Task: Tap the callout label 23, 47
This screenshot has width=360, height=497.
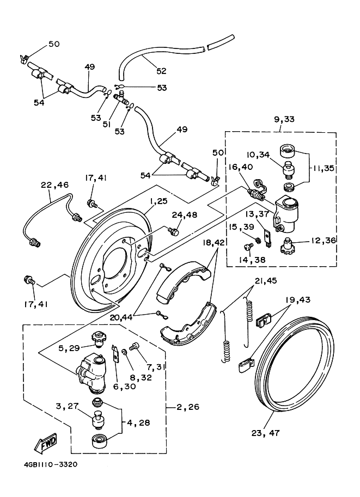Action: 266,433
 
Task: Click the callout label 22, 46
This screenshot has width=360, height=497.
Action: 54,185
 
